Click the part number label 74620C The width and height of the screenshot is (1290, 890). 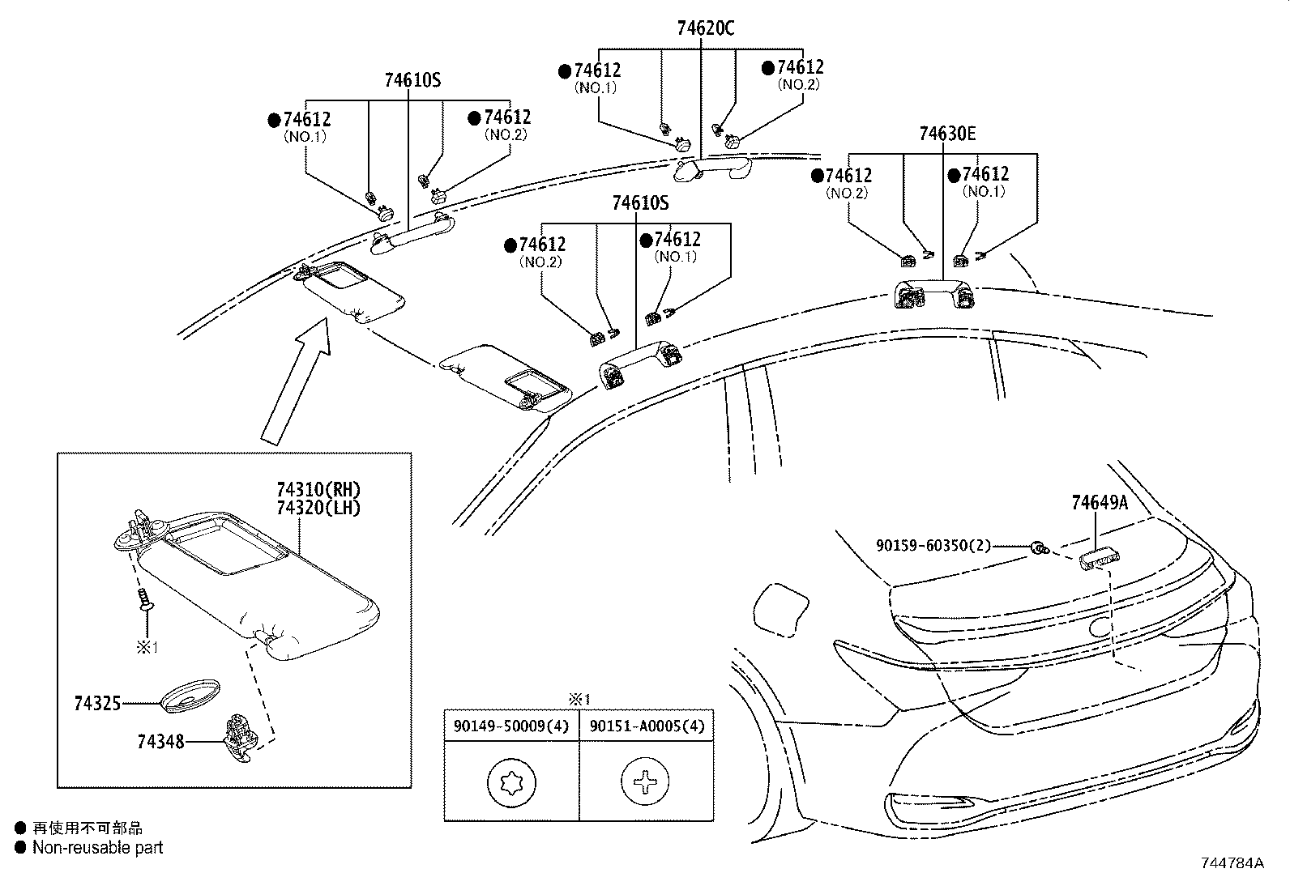[706, 28]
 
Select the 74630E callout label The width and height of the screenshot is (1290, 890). [947, 134]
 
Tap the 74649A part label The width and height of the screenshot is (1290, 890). [1099, 503]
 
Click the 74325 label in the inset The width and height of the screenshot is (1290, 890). [97, 704]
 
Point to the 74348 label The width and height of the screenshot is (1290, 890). [160, 741]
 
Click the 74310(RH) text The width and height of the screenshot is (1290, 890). [318, 490]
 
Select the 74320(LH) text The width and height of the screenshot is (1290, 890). [318, 508]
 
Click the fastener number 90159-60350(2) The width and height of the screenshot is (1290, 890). [933, 546]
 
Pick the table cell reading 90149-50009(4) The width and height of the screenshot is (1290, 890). [511, 726]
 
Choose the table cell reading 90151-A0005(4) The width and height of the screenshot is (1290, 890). [647, 726]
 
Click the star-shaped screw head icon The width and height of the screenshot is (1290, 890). [511, 784]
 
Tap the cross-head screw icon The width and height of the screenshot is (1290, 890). [645, 783]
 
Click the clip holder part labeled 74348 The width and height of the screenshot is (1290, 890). [241, 738]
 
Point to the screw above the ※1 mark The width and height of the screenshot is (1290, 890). [146, 600]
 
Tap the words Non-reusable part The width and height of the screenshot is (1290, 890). [97, 848]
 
